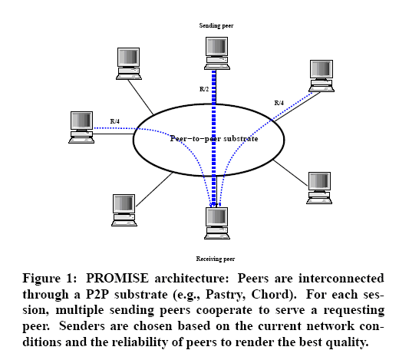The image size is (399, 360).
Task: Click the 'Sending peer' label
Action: click(216, 25)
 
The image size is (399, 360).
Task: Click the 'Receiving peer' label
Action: click(216, 259)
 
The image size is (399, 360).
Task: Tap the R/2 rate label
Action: click(204, 89)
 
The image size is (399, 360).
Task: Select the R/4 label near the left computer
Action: click(115, 121)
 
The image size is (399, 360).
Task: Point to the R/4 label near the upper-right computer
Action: click(279, 103)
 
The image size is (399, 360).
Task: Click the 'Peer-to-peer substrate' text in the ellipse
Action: click(214, 139)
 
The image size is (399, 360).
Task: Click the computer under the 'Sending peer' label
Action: click(217, 53)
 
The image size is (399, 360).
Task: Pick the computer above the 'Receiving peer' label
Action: click(217, 223)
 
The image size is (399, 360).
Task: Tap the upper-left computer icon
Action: click(129, 64)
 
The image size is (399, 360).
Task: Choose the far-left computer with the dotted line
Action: click(81, 127)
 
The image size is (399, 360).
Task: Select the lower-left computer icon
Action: click(124, 210)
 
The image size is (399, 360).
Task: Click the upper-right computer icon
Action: click(322, 76)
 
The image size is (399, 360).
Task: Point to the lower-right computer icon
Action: click(319, 188)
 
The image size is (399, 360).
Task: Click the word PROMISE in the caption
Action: click(117, 279)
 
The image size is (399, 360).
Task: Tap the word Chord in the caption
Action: click(272, 294)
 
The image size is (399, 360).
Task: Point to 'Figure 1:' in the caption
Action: click(50, 279)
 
